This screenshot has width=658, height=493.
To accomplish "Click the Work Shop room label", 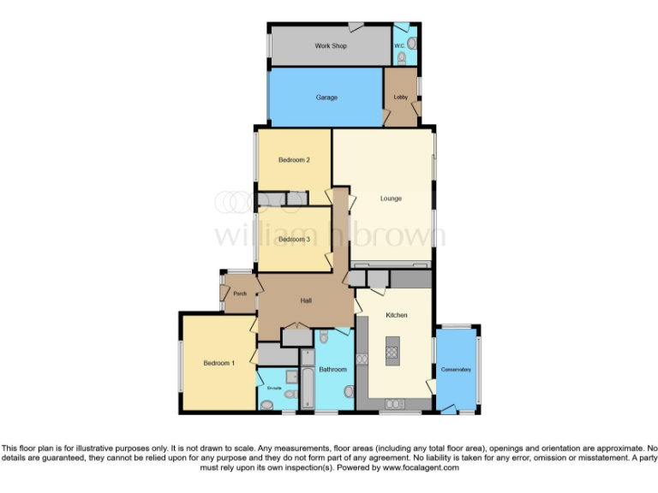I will tap(330, 45).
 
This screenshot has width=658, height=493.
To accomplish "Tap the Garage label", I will tap(326, 98).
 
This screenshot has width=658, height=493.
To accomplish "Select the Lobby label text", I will tap(400, 98).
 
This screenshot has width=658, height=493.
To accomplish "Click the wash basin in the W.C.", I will tap(411, 42).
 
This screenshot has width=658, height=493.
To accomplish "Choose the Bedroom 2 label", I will tap(294, 160).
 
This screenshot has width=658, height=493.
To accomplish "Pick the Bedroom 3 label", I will tap(294, 240).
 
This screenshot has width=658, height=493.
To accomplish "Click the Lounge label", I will tap(391, 199).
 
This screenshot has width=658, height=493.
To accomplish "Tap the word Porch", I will tap(240, 294).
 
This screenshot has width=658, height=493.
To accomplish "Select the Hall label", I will tap(306, 300).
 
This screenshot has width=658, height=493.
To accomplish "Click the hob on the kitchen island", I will tap(392, 348).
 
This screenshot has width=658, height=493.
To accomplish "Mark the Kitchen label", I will tap(396, 316).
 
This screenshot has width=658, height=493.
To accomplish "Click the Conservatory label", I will tap(456, 370).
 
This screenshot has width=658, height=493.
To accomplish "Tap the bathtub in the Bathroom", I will tap(307, 385).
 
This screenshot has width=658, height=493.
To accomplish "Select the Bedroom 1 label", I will tap(218, 364).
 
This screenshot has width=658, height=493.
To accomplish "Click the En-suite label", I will tap(274, 388).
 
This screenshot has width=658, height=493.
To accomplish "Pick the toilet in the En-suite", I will tap(290, 395).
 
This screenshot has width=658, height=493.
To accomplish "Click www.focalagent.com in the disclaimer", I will tap(421, 468).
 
